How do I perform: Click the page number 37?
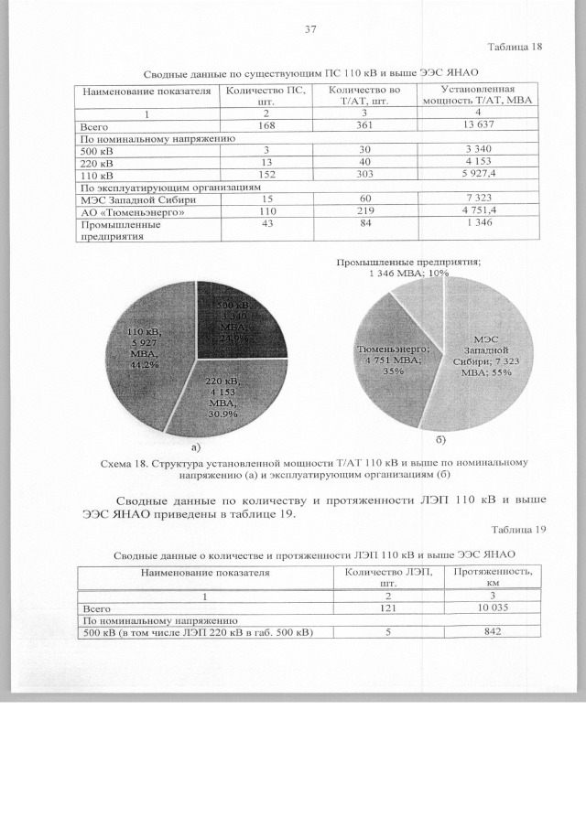309,30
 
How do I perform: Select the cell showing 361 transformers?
364,125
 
